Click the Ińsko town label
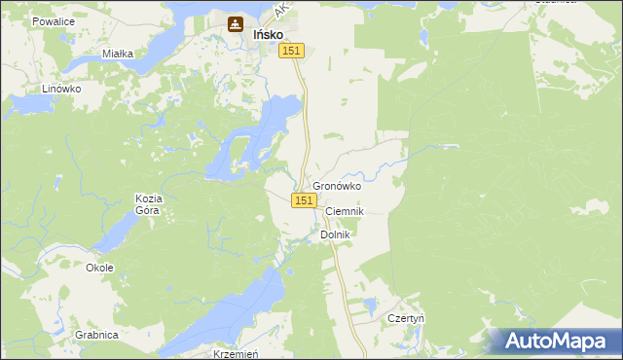(x=268, y=33)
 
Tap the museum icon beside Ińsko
(x=235, y=24)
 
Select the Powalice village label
(x=54, y=19)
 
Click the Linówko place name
(x=60, y=89)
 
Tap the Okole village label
(x=99, y=268)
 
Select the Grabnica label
(x=95, y=335)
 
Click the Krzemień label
(x=234, y=354)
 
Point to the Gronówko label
(x=337, y=186)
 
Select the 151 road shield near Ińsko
(x=293, y=51)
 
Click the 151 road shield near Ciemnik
(x=304, y=199)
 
